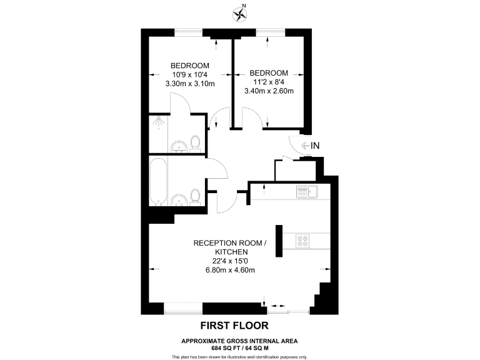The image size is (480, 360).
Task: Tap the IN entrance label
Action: pos(315,146)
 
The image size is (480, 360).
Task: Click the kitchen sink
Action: pos(306,191)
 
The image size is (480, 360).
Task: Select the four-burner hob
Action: pos(302,240)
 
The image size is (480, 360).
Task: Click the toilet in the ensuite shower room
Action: pos(195,142)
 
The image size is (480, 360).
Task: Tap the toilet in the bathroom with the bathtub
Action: pos(195,196)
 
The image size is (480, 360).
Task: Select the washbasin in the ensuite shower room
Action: pos(179,147)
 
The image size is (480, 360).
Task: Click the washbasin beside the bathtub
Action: pos(179,200)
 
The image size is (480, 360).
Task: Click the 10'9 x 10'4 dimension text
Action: pos(190,74)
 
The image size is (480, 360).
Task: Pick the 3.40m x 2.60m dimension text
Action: pos(269,91)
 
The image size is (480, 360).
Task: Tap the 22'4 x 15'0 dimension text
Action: pos(229,261)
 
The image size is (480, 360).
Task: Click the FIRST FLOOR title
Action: pos(234,325)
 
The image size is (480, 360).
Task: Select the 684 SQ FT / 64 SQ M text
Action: pos(239,347)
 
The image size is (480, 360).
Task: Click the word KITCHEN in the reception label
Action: pos(229,252)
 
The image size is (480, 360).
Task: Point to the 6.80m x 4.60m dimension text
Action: pos(229,271)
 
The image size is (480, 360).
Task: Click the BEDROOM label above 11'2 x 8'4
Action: pos(269,72)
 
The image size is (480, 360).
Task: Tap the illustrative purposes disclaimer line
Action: pos(239,356)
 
